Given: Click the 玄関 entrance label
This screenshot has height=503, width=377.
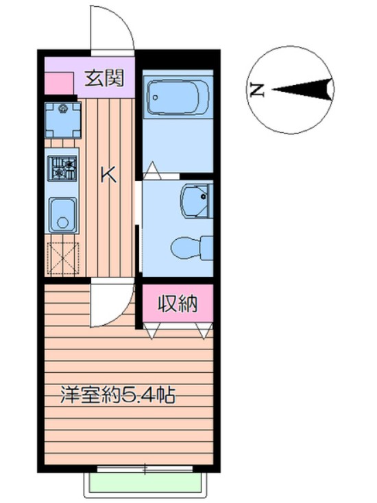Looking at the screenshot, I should [x=104, y=78].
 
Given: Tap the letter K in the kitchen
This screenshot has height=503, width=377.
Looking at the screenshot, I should [x=108, y=175].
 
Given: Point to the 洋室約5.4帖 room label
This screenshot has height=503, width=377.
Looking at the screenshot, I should [x=117, y=395].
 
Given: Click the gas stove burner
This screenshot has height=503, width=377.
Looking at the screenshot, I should [x=62, y=168].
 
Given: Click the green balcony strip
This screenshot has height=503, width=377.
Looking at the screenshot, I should [x=144, y=484].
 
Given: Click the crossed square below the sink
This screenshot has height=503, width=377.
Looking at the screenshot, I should [x=62, y=258].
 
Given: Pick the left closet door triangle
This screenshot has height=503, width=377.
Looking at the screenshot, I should [x=151, y=330].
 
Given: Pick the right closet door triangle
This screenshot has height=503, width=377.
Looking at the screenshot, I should [x=203, y=330].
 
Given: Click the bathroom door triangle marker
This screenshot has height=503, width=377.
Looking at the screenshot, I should [x=152, y=169].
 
